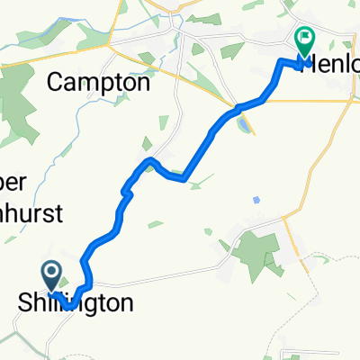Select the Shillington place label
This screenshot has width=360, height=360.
[x=76, y=302]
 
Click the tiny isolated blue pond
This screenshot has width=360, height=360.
[x=257, y=199]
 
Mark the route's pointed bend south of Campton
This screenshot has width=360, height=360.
[x=149, y=159]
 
